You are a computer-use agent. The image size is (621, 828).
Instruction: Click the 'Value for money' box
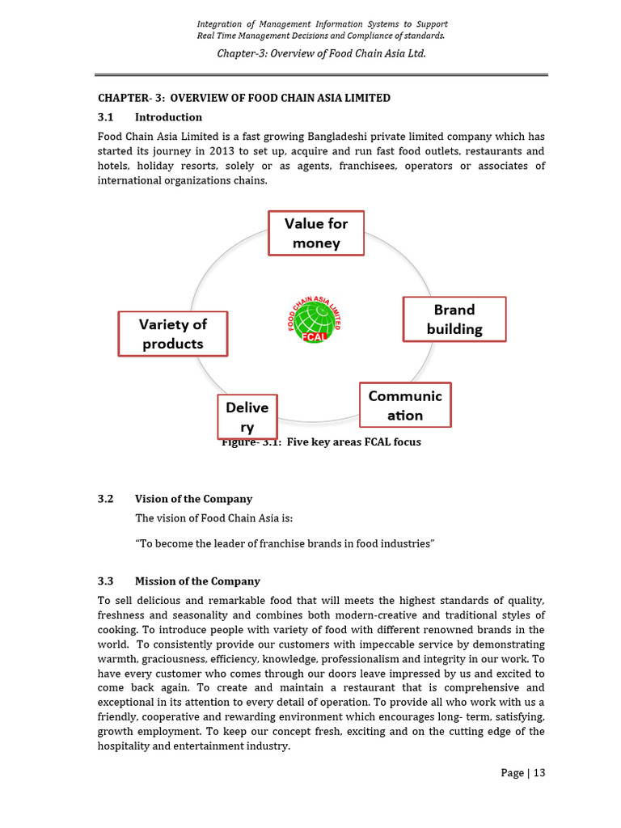pyautogui.click(x=316, y=233)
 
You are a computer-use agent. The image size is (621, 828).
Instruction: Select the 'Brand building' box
pyautogui.click(x=454, y=319)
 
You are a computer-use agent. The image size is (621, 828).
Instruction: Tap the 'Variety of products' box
pyautogui.click(x=172, y=333)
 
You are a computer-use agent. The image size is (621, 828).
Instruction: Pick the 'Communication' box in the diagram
pyautogui.click(x=405, y=405)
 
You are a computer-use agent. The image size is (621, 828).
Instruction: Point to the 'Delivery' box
pyautogui.click(x=247, y=416)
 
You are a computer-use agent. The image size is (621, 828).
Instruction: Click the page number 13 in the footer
pyautogui.click(x=539, y=772)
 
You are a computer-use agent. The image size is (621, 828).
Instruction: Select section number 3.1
pyautogui.click(x=106, y=117)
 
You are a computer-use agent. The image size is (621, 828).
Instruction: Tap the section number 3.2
pyautogui.click(x=106, y=499)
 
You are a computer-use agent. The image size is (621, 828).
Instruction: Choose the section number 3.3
pyautogui.click(x=106, y=581)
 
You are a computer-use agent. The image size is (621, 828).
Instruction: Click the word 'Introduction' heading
pyautogui.click(x=168, y=117)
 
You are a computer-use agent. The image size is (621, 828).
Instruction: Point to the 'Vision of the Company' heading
pyautogui.click(x=193, y=499)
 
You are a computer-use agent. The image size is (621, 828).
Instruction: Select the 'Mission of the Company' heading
pyautogui.click(x=197, y=581)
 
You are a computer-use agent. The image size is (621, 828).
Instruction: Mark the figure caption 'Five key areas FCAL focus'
pyautogui.click(x=321, y=442)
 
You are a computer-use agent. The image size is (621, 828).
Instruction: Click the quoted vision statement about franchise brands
pyautogui.click(x=285, y=544)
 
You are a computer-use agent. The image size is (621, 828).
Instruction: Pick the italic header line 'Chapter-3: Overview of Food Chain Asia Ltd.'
pyautogui.click(x=321, y=53)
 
